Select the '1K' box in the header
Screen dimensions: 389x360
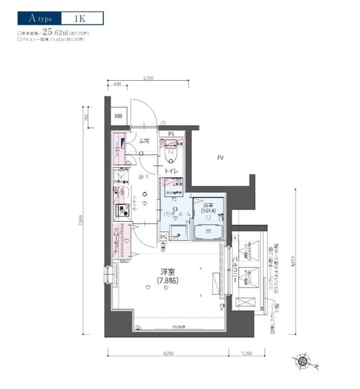(x=81, y=18)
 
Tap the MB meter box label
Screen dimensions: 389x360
(x=118, y=117)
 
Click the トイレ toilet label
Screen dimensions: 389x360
(x=171, y=172)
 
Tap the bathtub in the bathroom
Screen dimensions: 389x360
(x=208, y=232)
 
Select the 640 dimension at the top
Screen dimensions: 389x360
(x=117, y=83)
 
